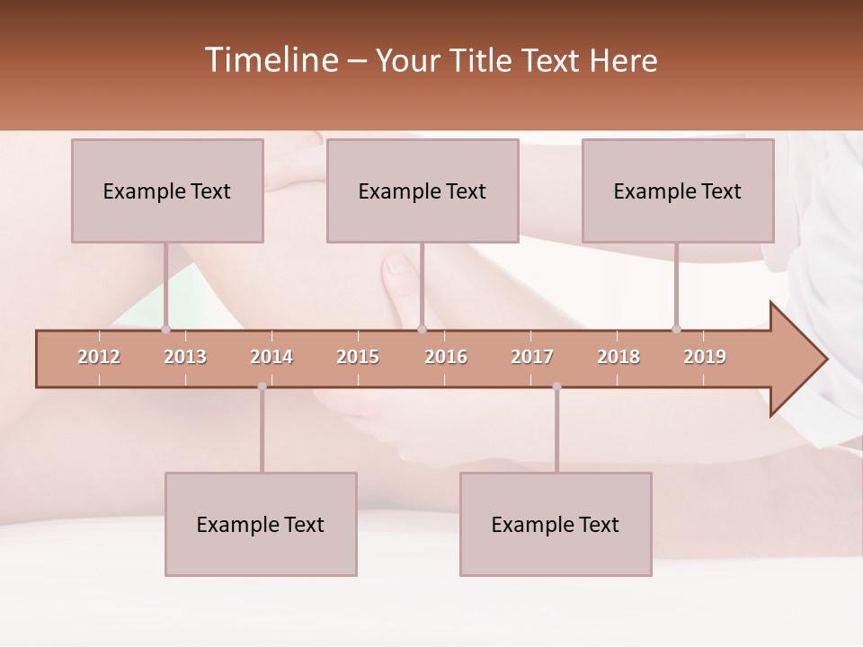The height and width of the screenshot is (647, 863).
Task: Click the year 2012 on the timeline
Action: tap(99, 357)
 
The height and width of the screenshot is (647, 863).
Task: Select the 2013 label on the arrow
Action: tap(185, 357)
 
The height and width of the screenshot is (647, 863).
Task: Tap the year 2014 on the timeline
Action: tap(271, 357)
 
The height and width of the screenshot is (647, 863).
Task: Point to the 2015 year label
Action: tap(358, 357)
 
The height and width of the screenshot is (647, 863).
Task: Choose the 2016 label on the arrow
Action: tap(446, 357)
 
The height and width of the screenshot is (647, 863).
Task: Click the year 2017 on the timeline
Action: tap(532, 357)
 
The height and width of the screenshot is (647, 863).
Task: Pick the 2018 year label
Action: tap(618, 357)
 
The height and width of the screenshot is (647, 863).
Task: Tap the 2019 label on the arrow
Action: tap(705, 357)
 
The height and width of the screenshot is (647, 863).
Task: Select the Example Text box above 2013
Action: tap(167, 191)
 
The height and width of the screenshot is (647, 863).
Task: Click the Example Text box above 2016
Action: tap(423, 191)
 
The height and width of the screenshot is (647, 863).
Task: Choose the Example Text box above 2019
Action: tap(678, 191)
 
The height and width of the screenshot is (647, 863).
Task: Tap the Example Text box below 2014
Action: tap(261, 524)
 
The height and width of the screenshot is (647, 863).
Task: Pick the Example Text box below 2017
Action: tap(556, 524)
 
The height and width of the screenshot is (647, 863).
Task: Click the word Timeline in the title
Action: tap(270, 60)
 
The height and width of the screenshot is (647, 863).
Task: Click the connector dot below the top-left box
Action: tap(165, 329)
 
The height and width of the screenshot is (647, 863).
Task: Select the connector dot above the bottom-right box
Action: tap(556, 386)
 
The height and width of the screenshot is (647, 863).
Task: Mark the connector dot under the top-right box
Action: tap(676, 329)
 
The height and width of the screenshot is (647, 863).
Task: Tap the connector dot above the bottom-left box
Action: tap(262, 386)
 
